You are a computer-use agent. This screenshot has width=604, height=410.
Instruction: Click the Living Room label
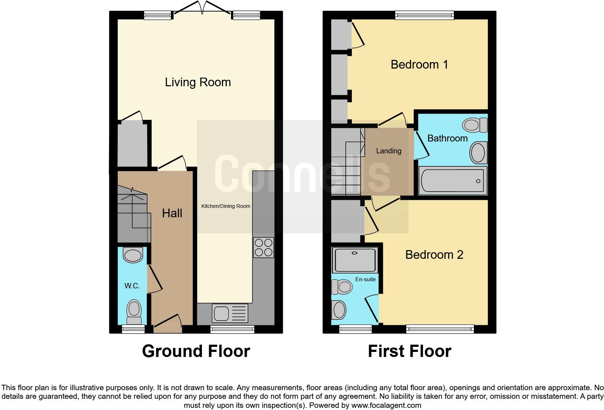coord(198,82)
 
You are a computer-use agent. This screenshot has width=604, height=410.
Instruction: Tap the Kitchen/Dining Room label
coord(225,206)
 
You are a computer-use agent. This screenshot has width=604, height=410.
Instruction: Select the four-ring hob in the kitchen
coord(263,247)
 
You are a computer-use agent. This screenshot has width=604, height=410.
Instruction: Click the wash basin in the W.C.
coord(133,255)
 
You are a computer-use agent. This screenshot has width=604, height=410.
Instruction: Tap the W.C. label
coord(132,286)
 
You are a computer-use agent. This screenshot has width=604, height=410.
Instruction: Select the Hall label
coord(172,213)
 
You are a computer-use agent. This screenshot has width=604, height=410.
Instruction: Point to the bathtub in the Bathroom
coord(453,180)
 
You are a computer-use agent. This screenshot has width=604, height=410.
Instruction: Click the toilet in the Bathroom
coord(475,125)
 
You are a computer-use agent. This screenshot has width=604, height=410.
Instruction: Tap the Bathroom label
coord(447,138)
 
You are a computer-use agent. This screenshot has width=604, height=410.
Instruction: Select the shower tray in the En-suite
coord(355,260)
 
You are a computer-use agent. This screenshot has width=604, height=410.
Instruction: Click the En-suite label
coord(365,279)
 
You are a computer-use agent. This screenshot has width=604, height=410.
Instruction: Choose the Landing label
coord(388,151)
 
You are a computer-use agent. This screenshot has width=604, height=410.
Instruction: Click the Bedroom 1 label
coord(419,65)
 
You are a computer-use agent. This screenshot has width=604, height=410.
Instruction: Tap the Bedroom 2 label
coord(434,255)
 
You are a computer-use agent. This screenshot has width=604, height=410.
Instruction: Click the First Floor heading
coord(409,351)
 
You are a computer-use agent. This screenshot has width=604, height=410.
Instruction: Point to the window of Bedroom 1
coord(424,15)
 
